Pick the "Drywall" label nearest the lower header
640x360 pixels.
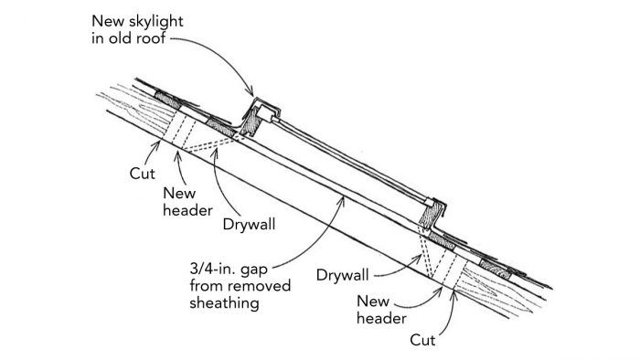click(345, 274)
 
